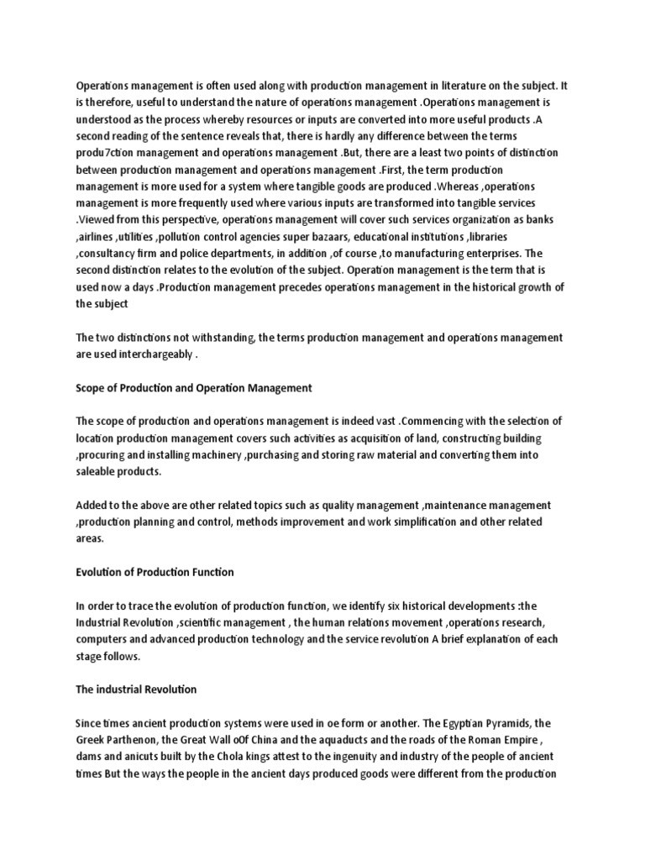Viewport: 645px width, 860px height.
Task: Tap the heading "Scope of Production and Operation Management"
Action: click(194, 388)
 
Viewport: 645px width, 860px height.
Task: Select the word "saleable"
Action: click(97, 472)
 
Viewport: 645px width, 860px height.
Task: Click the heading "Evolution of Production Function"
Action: click(155, 572)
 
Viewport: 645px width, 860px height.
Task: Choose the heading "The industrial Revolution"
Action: click(136, 689)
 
